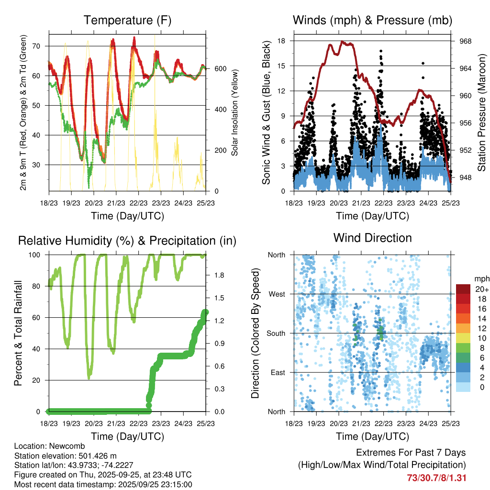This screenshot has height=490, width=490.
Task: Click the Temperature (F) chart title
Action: [x=127, y=21]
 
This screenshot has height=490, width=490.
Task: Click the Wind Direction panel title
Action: [x=372, y=238]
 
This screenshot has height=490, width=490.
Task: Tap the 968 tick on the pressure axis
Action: [x=466, y=41]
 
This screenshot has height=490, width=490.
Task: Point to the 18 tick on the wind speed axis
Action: [x=282, y=41]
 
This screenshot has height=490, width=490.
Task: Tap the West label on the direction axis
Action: [x=276, y=294]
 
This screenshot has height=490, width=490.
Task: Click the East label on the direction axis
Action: [x=277, y=372]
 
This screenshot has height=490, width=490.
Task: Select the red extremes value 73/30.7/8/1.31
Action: [x=436, y=478]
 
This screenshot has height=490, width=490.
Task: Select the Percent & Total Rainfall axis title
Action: [x=18, y=333]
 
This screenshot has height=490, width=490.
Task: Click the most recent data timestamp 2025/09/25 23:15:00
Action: [x=152, y=484]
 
